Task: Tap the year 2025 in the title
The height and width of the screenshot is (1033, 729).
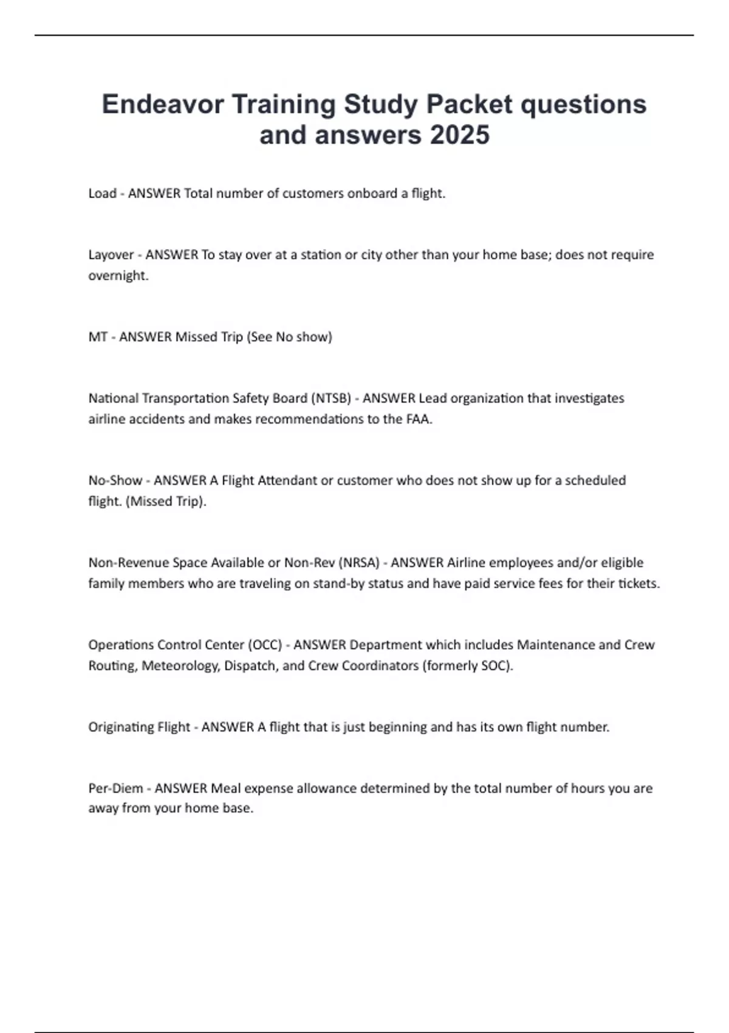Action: (459, 134)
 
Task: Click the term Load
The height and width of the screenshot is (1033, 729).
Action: (102, 193)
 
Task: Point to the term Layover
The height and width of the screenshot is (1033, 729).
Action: (111, 255)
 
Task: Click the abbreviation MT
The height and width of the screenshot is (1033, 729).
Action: (97, 337)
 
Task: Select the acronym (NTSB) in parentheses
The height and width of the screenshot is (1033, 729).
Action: (330, 398)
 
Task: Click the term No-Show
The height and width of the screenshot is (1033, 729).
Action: (115, 480)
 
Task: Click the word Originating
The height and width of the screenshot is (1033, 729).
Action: (121, 727)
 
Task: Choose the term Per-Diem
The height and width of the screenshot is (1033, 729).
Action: (115, 788)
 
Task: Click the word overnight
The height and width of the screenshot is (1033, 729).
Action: (117, 275)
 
